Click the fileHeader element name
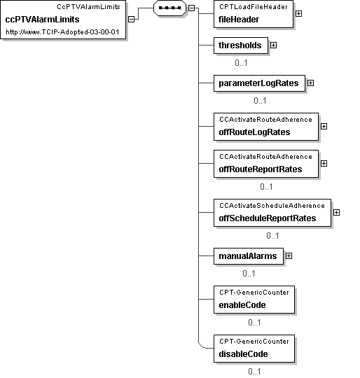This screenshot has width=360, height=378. coord(239,20)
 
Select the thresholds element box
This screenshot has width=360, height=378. coord(241,45)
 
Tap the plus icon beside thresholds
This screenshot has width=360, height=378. coord(273,45)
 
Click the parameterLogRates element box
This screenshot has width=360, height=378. coord(259,83)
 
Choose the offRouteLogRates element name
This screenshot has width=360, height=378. coord(254,132)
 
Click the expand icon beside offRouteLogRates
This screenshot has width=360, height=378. coord(324,126)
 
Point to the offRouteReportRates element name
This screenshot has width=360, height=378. coord(261,169)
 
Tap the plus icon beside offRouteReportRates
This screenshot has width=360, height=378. coord(324,163)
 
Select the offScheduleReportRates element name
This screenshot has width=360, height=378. coord(268,218)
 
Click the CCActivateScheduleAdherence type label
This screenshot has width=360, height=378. coord(272,206)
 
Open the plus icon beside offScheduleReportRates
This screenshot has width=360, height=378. coord(336,212)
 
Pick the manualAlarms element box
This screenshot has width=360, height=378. coord(249,256)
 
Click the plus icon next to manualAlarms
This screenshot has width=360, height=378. coord(289,255)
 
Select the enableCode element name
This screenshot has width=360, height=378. coord(242,305)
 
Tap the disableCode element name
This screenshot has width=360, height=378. coord(243,354)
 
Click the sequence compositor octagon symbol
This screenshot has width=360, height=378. coord(170,8)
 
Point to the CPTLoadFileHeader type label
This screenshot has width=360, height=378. coord(253,7)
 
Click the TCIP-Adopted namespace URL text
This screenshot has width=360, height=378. coord(62,32)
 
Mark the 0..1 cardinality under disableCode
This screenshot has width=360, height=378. coord(254,372)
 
